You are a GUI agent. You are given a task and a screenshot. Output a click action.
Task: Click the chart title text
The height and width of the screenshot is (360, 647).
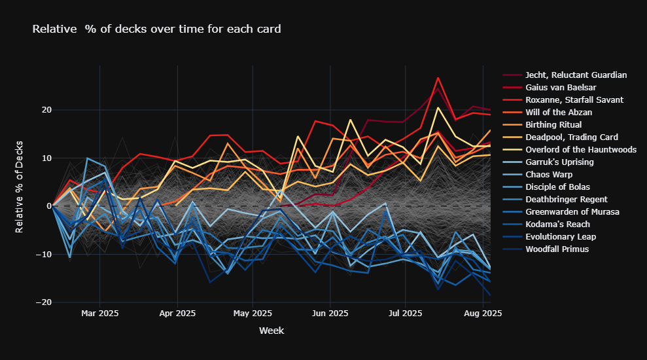pos(156,29)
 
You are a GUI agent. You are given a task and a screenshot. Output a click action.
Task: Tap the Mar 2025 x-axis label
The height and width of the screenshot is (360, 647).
pos(99,314)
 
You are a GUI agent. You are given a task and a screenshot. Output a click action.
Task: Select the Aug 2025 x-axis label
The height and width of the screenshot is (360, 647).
pos(483,314)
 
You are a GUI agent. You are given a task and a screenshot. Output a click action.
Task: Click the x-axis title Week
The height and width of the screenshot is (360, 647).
pos(271,331)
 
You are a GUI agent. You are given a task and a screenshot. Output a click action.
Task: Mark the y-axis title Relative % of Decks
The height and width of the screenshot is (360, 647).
pos(20,187)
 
